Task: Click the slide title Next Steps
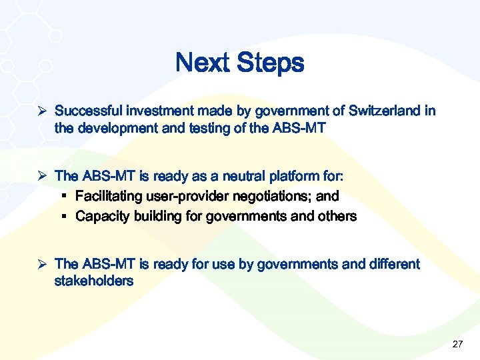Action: click(239, 63)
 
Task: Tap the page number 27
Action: click(457, 344)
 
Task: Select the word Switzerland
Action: click(385, 111)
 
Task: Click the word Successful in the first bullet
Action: click(86, 111)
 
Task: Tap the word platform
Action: click(296, 177)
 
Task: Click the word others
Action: click(336, 217)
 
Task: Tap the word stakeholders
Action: click(93, 281)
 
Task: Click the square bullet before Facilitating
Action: click(67, 197)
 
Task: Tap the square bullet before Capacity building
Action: click(67, 217)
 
